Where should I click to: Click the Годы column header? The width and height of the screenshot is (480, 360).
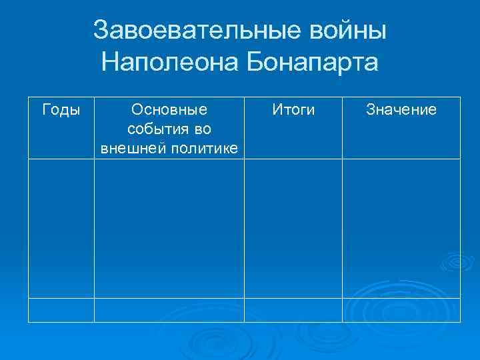[61, 109]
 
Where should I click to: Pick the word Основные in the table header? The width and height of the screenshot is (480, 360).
[169, 109]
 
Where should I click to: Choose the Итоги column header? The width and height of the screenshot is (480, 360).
[293, 109]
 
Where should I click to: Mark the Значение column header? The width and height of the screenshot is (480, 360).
[401, 109]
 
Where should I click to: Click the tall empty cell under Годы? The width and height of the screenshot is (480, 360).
[61, 228]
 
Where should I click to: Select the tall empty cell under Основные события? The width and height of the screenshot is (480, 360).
[169, 228]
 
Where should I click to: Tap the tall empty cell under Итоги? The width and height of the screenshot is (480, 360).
[293, 228]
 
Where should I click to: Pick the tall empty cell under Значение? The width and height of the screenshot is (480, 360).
[401, 228]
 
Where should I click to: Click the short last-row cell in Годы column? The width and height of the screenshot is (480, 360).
[61, 309]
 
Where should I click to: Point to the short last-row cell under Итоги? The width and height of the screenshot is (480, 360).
[293, 309]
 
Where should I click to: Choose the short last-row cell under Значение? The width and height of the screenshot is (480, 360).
[401, 309]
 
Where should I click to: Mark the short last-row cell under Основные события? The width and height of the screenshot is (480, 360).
[169, 309]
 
